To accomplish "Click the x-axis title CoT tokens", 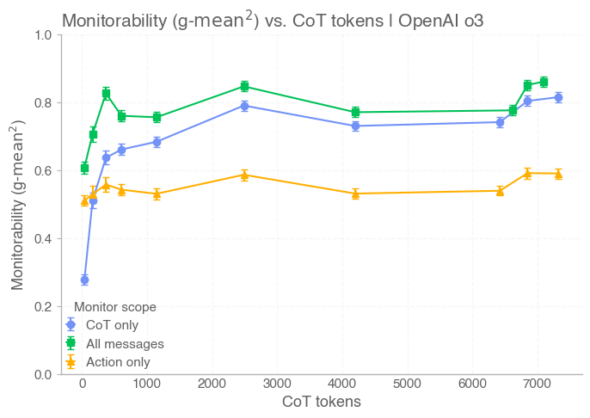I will click(322, 402).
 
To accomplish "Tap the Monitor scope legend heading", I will click(115, 306).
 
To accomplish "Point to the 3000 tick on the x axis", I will click(278, 384).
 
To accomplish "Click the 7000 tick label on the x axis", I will click(538, 384).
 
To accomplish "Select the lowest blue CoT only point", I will click(84, 280).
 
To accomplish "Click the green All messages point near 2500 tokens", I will click(245, 86).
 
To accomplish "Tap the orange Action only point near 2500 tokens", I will click(245, 175).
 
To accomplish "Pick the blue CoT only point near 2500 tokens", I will click(245, 106).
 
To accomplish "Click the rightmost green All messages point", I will click(544, 83).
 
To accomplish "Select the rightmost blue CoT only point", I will click(558, 97).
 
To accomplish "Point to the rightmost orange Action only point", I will click(558, 174).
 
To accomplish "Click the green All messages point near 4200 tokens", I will click(355, 112).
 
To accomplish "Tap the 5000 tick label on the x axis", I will click(408, 384).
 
